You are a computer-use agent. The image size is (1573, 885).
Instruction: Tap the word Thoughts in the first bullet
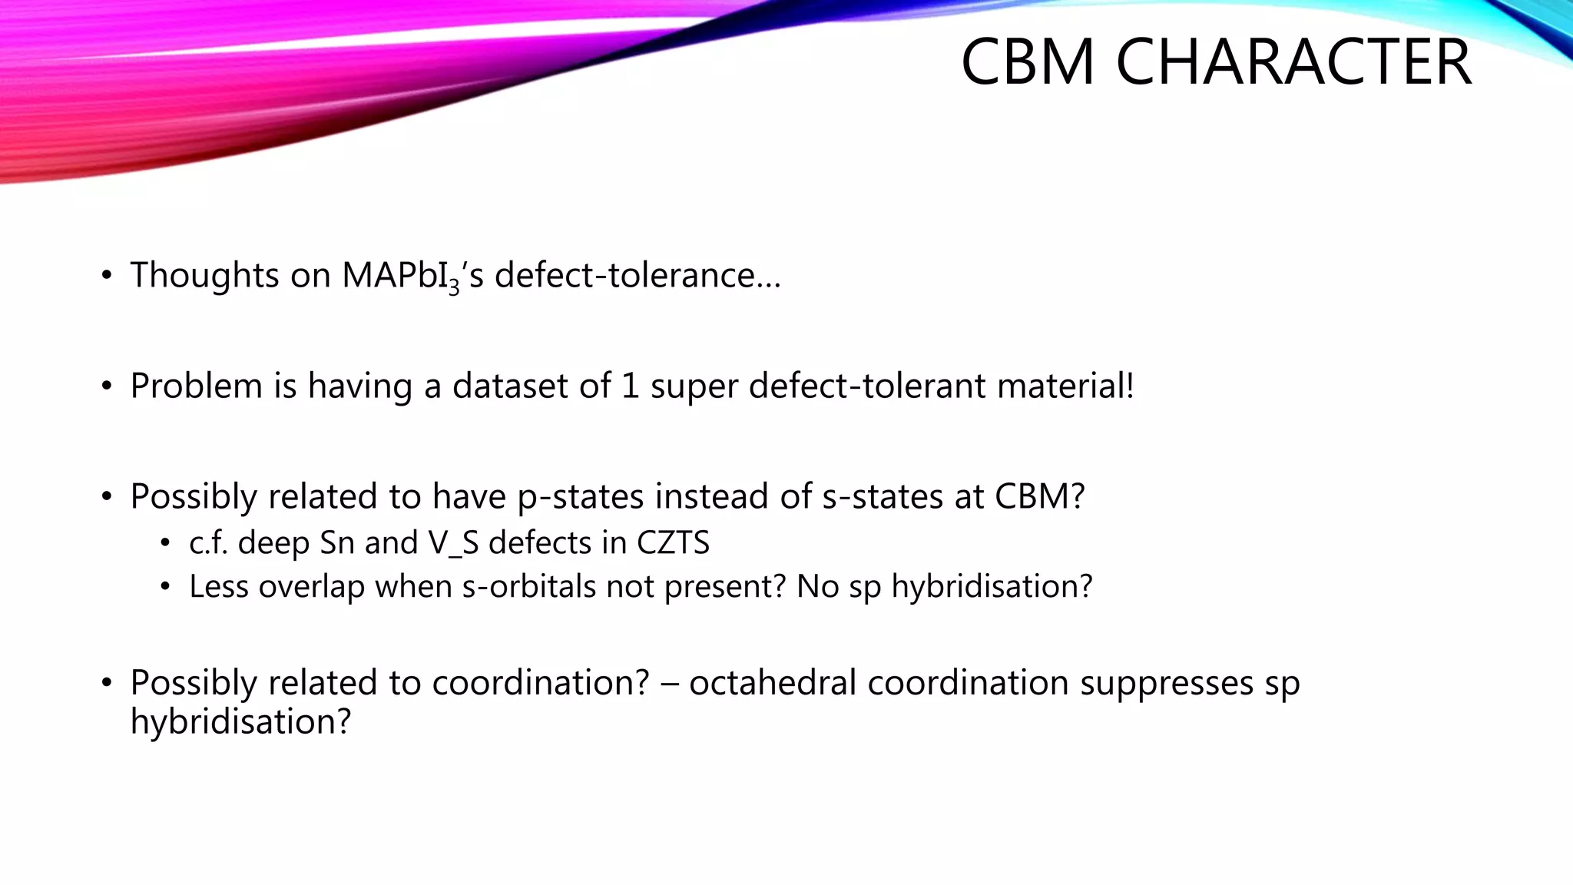(204, 275)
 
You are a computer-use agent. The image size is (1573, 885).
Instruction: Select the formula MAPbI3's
(412, 277)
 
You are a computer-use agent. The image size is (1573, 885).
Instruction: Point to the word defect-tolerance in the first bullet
(637, 275)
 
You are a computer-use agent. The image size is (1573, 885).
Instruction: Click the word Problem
(197, 386)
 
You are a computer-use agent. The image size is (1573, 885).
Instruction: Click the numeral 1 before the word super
(630, 386)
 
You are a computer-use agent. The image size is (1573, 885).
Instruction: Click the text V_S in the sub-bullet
(453, 543)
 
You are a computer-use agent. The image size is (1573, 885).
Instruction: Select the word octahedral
(772, 683)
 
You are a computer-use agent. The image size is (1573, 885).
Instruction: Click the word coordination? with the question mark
(541, 683)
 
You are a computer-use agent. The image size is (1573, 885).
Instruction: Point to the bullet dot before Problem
(107, 386)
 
